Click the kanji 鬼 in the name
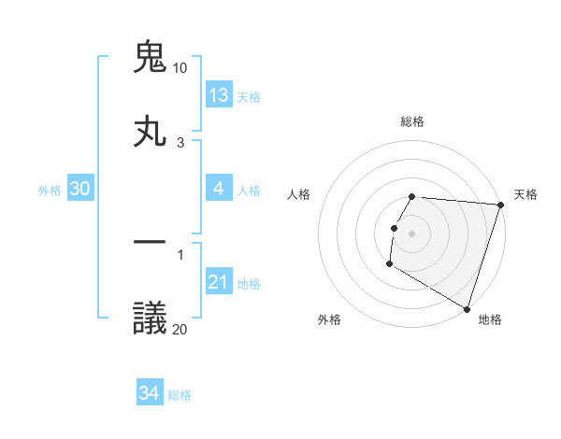pos(151,57)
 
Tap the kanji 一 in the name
pos(151,244)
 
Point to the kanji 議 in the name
pos(151,319)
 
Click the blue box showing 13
pos(219,95)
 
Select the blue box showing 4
pos(219,189)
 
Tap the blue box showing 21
pos(219,282)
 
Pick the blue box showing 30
pos(80,189)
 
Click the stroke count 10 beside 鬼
pos(180,68)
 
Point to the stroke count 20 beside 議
pos(180,329)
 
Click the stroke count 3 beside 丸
pos(180,142)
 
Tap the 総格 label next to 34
pos(180,395)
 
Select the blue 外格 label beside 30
pos(50,191)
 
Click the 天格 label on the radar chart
pos(525,194)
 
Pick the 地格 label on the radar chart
pos(490,319)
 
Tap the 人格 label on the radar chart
pos(299,194)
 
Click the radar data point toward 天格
pos(500,205)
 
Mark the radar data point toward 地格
pos(467,307)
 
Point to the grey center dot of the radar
pos(411,232)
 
